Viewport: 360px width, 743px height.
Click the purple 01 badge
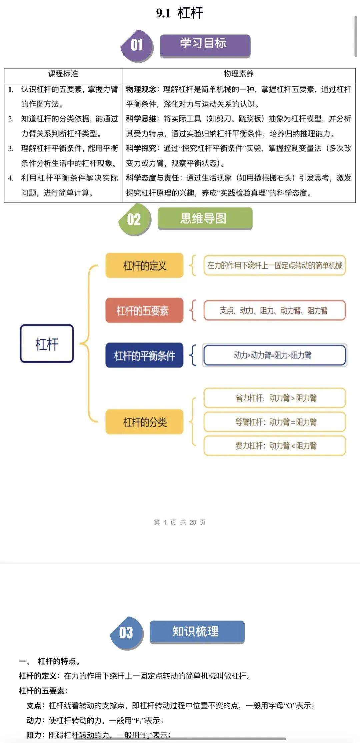(x=137, y=45)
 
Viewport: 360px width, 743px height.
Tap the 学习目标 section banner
(x=205, y=45)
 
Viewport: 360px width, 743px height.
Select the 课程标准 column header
(x=63, y=74)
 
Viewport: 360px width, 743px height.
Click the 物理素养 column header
(x=238, y=74)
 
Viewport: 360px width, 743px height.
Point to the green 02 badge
(x=134, y=219)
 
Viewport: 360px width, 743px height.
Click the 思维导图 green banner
(x=205, y=218)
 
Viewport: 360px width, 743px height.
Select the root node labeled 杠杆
(x=47, y=343)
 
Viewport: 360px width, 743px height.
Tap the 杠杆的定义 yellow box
(x=144, y=265)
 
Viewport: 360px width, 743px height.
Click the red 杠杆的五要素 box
(x=144, y=310)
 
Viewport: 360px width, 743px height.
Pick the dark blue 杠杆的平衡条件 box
(x=144, y=355)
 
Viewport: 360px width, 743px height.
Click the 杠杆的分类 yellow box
(x=144, y=422)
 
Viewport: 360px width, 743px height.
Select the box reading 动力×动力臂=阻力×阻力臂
(x=274, y=355)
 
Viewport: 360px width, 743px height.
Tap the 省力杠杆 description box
(x=274, y=398)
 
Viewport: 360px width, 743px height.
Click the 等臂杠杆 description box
(x=274, y=422)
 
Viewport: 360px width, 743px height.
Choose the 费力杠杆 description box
(x=274, y=446)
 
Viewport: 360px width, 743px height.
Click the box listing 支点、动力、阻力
(x=274, y=310)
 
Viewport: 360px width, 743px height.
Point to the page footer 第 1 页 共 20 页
(x=180, y=522)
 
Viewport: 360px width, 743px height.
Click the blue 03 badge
(x=126, y=633)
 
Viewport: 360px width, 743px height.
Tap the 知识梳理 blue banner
(x=197, y=631)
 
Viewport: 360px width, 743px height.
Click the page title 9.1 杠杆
(x=180, y=13)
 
